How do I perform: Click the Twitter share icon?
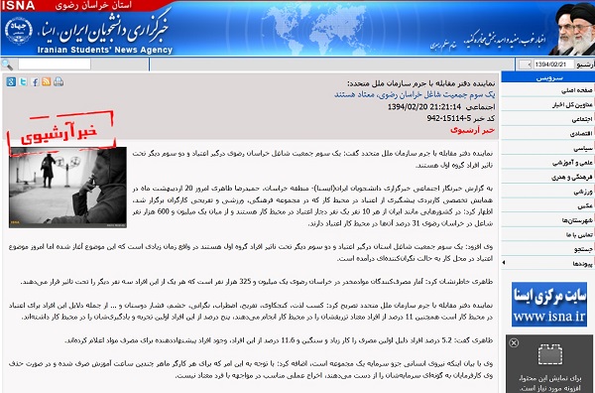coord(24,82)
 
